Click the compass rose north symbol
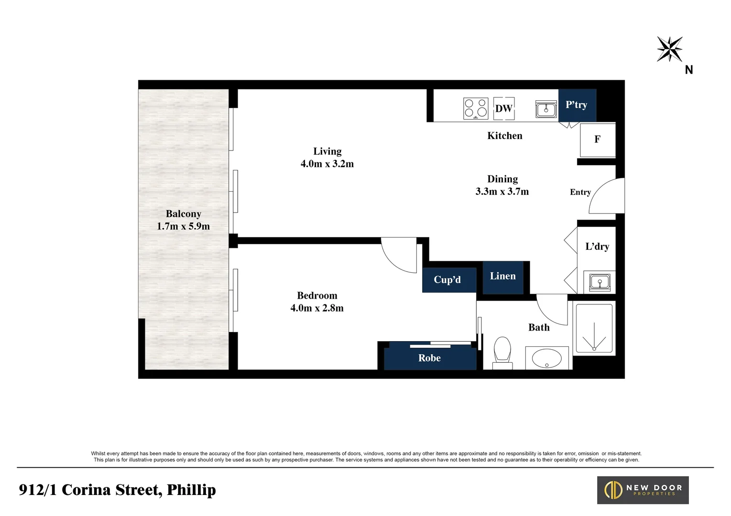669,49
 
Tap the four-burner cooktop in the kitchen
475,108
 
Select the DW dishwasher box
503,108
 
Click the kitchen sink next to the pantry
546,109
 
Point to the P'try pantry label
577,105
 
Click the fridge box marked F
597,140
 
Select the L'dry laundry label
597,247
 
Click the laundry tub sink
599,282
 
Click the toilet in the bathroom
502,352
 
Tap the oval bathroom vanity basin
547,357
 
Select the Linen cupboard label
502,276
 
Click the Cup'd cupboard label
447,280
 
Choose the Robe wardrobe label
429,358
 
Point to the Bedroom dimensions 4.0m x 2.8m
317,308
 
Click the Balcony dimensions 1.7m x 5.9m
183,226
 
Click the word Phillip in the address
191,490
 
